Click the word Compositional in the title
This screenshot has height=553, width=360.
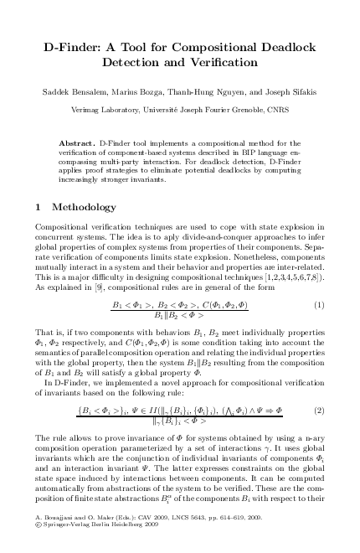point(232,48)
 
